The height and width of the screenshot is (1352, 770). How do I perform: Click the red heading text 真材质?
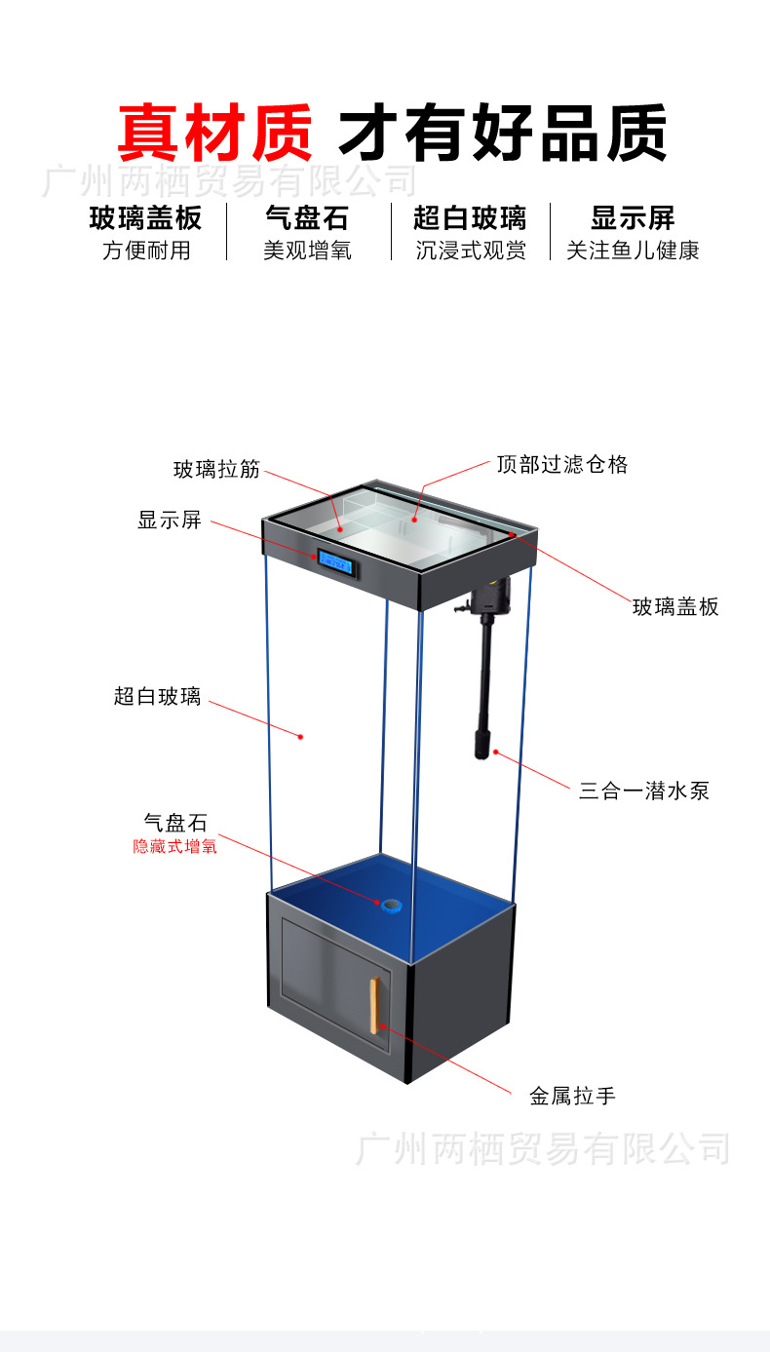point(215,133)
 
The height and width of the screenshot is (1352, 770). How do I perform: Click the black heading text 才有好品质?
point(502,133)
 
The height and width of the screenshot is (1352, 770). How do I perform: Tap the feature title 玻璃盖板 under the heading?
point(146,217)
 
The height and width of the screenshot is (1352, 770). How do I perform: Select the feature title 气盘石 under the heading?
point(307,217)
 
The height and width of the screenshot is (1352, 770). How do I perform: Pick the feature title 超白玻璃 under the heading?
point(470,217)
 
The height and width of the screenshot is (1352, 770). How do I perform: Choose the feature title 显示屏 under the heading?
point(633,217)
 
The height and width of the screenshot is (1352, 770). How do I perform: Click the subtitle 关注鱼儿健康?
point(633,251)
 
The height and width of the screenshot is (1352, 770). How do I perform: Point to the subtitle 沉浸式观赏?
point(470,251)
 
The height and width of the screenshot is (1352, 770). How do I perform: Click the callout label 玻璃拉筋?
point(217,469)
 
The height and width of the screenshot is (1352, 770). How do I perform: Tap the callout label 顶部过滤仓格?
point(561,464)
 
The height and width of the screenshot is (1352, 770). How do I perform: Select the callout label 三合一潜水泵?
point(644,791)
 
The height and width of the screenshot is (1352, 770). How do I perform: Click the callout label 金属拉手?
point(572,1096)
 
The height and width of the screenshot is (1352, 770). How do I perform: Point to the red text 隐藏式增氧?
point(175,846)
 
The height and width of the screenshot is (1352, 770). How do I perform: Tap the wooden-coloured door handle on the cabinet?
point(373,1003)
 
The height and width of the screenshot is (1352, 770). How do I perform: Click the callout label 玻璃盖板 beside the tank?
point(675,607)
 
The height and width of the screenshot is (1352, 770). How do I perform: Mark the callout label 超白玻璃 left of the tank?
point(157,696)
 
